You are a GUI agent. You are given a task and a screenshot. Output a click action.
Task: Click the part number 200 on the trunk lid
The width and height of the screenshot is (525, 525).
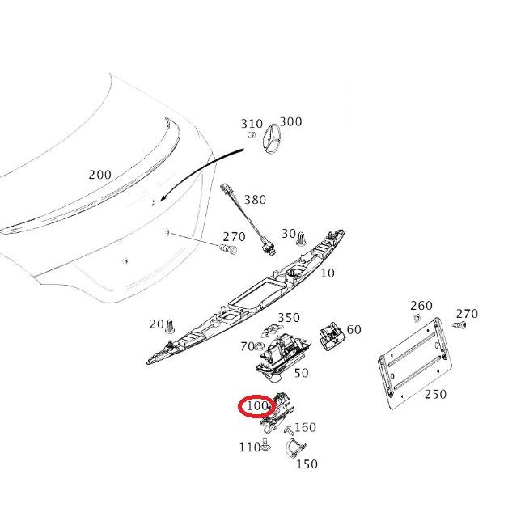coord(99,175)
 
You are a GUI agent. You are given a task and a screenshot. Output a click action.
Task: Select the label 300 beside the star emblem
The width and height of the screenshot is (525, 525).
coord(290,122)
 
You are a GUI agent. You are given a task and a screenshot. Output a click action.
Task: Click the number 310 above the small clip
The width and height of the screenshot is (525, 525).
coord(252,124)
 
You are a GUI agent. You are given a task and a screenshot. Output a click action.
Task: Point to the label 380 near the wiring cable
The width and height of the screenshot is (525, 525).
coord(255,199)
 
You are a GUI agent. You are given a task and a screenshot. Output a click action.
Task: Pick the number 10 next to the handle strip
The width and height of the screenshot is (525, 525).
coord(328,273)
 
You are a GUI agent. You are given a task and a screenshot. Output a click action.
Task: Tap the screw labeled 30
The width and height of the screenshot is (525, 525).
coord(302,237)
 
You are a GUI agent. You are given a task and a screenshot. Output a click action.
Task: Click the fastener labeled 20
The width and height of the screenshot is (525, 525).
coord(171,328)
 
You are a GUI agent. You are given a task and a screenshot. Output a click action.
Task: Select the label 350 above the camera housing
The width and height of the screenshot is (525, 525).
coord(289,318)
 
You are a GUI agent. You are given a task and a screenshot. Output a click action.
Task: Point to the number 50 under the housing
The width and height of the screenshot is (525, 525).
coord(301,373)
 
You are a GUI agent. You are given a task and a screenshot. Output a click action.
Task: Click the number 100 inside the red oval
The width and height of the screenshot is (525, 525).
coord(256,404)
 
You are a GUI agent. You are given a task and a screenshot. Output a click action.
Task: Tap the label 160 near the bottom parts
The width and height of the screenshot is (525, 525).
coord(305,427)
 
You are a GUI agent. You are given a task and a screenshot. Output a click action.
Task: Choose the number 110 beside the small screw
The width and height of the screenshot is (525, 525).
coord(249,447)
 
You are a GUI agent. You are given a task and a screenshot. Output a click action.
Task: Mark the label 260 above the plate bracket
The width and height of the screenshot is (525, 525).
coord(421,306)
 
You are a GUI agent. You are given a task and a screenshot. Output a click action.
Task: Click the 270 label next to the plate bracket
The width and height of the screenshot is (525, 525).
coord(467,314)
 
